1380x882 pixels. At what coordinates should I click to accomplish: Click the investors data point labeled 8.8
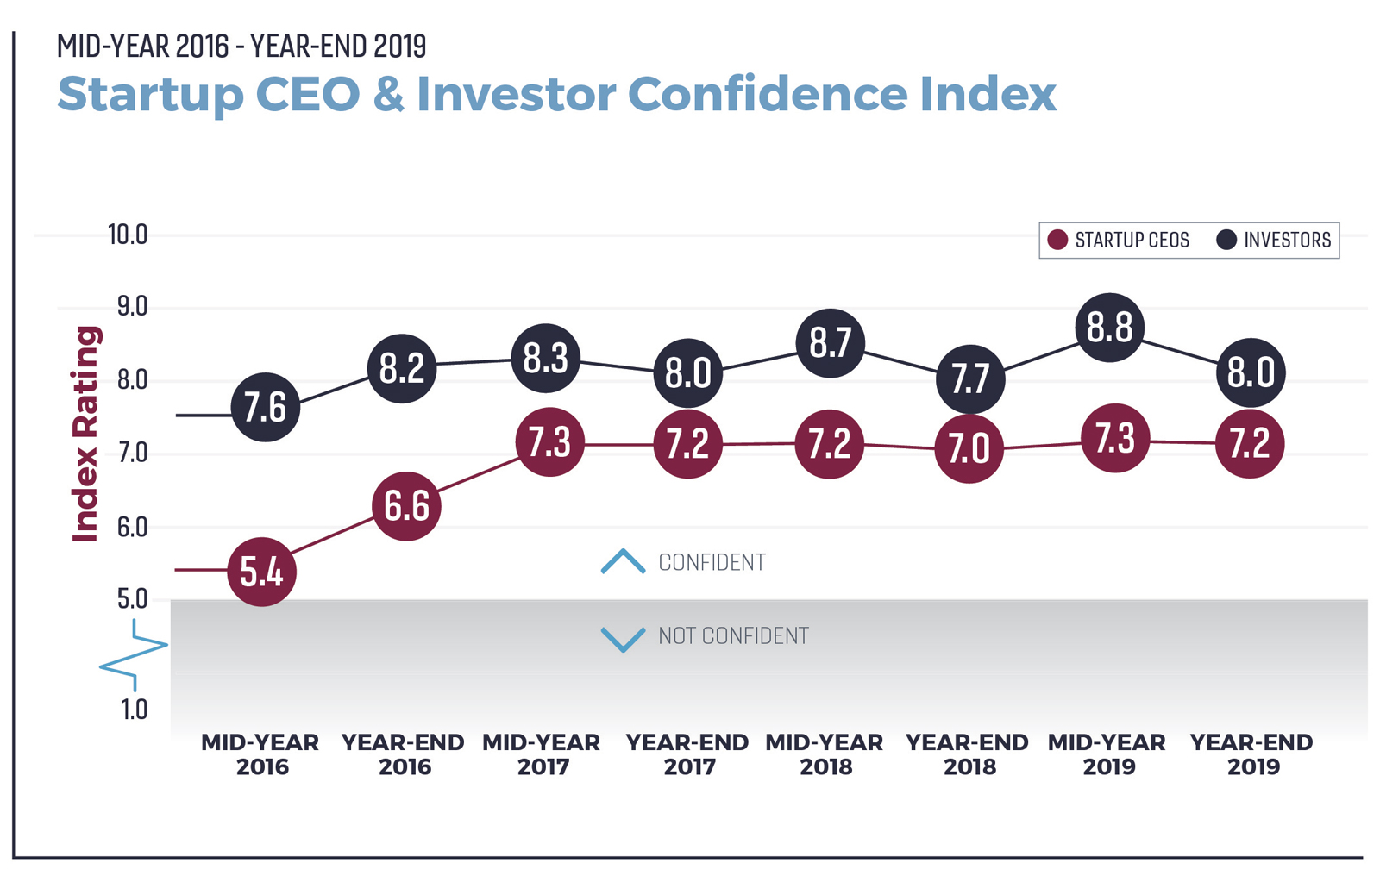coord(1109,328)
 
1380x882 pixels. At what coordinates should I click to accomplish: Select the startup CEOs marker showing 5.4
coord(261,572)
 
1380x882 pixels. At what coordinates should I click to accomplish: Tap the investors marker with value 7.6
coord(265,407)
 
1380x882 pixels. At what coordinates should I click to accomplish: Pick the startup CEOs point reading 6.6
coord(406,506)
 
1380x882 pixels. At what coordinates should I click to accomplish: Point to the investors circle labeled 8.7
coord(830,343)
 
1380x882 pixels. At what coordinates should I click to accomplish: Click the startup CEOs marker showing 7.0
coord(969,448)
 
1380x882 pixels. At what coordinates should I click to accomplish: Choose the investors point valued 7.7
coord(970,379)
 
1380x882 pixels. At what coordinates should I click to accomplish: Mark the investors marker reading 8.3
coord(545,359)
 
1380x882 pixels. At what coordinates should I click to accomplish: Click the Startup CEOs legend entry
coord(1118,240)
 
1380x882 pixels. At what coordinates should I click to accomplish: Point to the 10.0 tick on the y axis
coord(127,235)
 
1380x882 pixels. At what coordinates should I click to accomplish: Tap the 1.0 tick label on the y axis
coord(134,710)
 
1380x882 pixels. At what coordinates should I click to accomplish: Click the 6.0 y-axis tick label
coord(131,527)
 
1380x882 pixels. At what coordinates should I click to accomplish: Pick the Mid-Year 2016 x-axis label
coord(260,754)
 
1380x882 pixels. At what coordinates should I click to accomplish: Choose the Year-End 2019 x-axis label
coord(1251,754)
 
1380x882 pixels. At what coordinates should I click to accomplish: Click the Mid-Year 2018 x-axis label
coord(825,754)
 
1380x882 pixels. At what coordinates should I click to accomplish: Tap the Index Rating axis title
coord(86,434)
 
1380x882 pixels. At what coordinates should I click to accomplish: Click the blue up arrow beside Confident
coord(623,562)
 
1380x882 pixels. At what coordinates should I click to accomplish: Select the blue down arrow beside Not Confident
coord(623,638)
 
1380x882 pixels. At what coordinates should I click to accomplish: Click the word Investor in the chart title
coord(515,94)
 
